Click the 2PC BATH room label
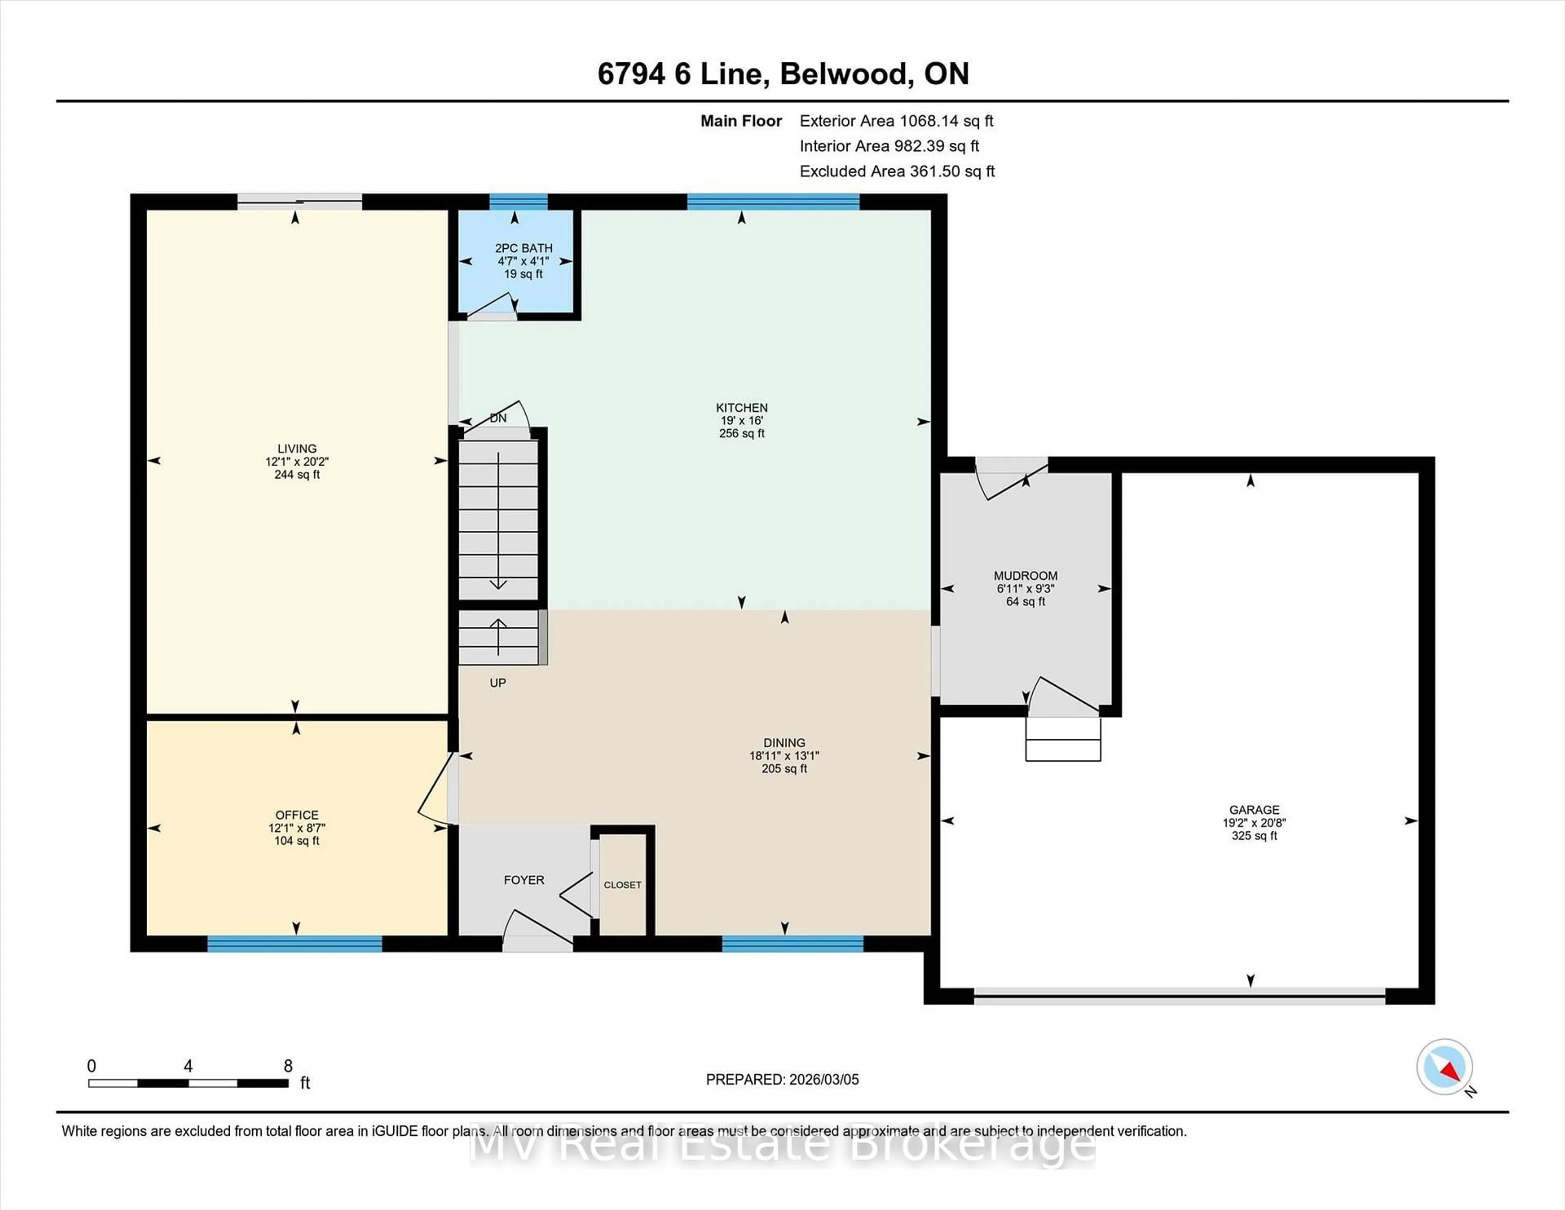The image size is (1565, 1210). [524, 248]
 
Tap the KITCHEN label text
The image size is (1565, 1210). [742, 407]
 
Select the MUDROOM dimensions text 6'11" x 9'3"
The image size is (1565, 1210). [1025, 589]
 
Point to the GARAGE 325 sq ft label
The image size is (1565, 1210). [1254, 836]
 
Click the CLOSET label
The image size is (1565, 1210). [622, 885]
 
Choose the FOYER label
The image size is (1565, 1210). [524, 879]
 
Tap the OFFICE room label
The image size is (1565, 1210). [297, 815]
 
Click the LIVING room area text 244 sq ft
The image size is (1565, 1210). [297, 475]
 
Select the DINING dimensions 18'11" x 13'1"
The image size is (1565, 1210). [784, 755]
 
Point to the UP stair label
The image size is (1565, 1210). [497, 682]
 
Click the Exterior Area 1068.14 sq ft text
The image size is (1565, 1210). [897, 121]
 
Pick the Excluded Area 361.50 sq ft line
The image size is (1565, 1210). [897, 171]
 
